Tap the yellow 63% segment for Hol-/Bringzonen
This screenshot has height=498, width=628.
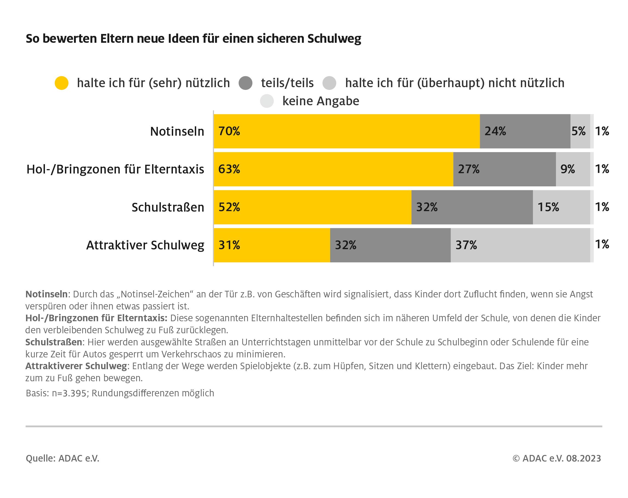(333, 169)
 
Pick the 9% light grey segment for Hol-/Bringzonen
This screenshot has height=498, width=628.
(573, 169)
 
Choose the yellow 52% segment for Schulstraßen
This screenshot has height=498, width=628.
(312, 207)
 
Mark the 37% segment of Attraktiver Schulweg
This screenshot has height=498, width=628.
(520, 245)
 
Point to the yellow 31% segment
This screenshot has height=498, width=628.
(272, 245)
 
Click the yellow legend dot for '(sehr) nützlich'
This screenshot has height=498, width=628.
(61, 83)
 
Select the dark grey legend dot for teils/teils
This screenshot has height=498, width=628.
(245, 83)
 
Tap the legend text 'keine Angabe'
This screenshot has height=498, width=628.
(321, 101)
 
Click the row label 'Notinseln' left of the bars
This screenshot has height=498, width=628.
(177, 132)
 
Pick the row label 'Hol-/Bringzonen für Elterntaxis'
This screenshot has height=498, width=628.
(115, 169)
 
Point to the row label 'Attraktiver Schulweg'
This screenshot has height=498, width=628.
(145, 245)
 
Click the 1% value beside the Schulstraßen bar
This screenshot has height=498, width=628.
(602, 207)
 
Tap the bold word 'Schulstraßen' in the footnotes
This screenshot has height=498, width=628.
(54, 342)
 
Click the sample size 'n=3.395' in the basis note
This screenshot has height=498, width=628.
(69, 393)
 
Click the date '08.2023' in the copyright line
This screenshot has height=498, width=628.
(583, 458)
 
